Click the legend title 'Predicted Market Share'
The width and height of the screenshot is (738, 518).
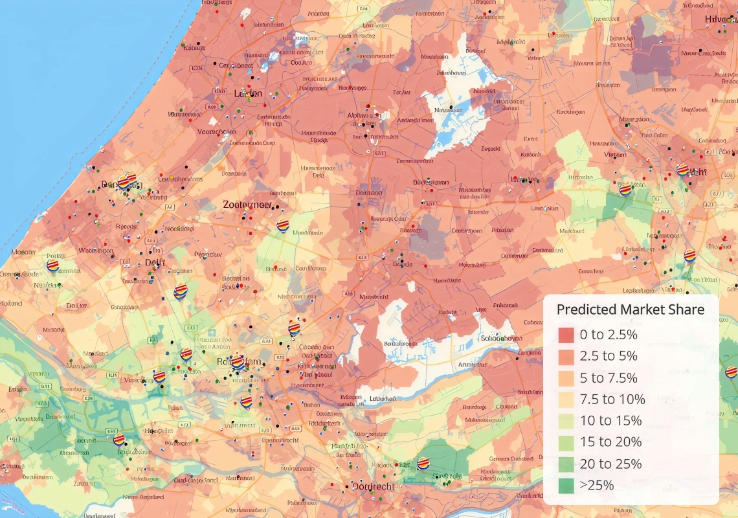630,310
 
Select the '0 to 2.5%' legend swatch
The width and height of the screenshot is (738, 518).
566,335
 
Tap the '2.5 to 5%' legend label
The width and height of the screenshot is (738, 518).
609,356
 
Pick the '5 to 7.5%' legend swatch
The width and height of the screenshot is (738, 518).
566,377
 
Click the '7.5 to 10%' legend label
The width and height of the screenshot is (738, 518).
612,399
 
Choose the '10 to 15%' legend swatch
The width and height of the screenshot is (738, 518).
566,420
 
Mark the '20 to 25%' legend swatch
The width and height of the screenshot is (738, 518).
566,463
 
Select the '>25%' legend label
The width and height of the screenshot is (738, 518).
596,484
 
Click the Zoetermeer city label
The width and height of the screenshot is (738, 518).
247,205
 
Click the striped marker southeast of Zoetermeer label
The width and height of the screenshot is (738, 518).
283,226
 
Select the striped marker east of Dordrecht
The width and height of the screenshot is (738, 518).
423,463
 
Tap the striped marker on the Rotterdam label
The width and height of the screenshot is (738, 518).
238,362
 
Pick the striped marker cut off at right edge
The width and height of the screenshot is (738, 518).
731,372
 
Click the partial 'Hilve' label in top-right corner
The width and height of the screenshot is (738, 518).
721,19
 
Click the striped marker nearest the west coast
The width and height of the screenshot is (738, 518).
53,264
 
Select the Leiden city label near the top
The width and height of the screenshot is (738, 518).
248,93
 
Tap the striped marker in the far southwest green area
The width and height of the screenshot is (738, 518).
119,440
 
